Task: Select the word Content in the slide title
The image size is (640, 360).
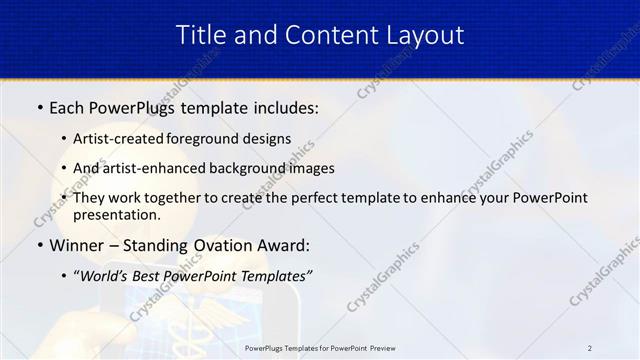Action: tap(319, 35)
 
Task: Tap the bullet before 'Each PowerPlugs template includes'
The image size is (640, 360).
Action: tap(39, 106)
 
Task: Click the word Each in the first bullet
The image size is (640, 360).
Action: tap(69, 106)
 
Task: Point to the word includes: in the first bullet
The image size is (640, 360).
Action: tap(284, 106)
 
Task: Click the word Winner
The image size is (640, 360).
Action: tap(78, 245)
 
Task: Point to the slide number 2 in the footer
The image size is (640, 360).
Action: tap(590, 347)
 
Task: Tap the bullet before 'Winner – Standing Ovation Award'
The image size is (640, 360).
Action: tap(39, 245)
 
